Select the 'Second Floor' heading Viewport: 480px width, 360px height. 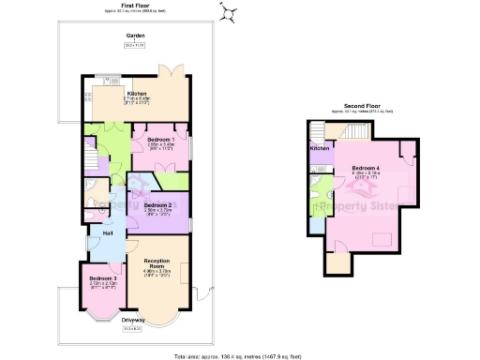(x=361, y=106)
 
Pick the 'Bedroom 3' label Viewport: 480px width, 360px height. (x=102, y=278)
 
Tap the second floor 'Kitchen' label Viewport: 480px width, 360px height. (x=319, y=148)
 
